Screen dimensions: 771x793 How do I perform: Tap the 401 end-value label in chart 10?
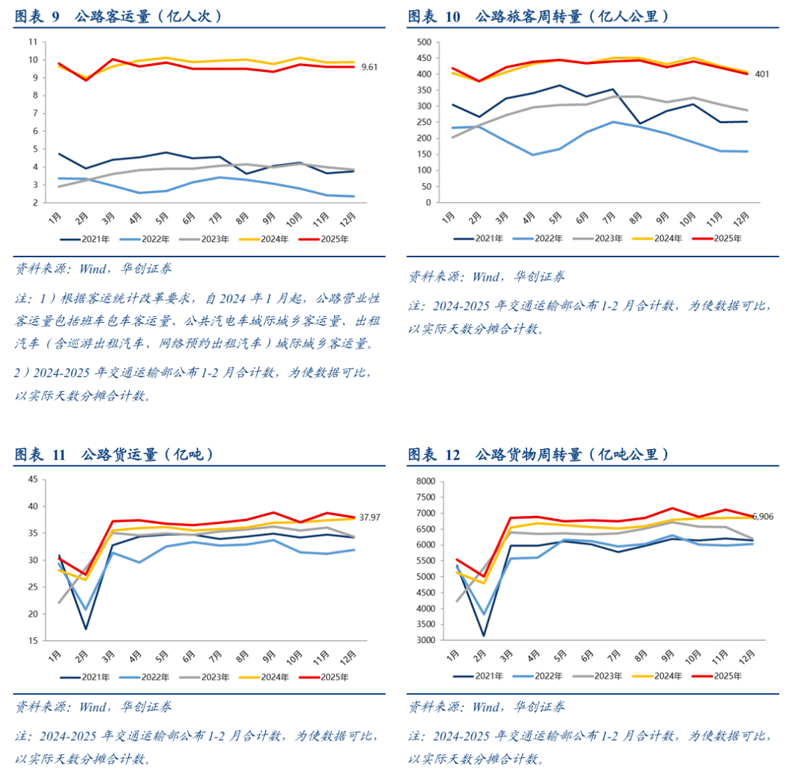click(x=762, y=73)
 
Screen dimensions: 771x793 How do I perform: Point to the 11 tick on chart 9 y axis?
click(x=33, y=42)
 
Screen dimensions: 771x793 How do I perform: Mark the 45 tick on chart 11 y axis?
click(x=33, y=480)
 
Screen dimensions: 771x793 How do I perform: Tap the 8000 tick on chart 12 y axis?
click(x=426, y=481)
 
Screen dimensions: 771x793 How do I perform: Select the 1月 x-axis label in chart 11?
click(x=55, y=654)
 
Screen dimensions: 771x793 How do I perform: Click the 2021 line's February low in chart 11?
click(x=86, y=628)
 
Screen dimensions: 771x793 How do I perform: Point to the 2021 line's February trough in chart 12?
click(x=483, y=636)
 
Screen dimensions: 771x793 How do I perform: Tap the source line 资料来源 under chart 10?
click(x=487, y=277)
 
